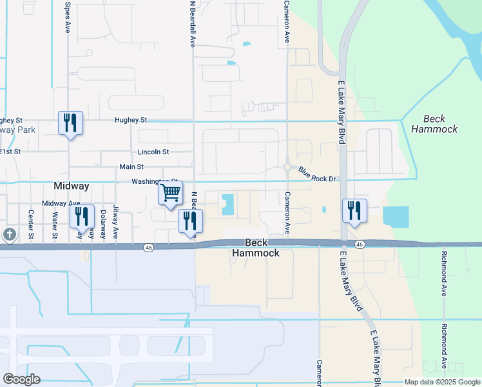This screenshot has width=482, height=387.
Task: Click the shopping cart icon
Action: [170, 192]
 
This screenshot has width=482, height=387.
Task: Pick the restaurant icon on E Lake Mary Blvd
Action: [354, 210]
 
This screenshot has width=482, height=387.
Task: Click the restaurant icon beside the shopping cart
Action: [191, 221]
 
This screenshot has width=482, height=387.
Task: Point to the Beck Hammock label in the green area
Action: [441, 124]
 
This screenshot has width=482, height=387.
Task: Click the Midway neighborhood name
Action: [71, 186]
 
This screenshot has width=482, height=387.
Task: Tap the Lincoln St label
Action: [153, 152]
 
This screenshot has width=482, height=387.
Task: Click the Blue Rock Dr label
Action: [318, 175]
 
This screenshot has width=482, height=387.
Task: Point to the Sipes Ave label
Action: [68, 17]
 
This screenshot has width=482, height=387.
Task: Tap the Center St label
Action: [30, 223]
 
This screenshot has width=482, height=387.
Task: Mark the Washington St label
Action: [153, 181]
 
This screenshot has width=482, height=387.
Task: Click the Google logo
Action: [21, 379]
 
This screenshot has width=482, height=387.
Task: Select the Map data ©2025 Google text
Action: [441, 382]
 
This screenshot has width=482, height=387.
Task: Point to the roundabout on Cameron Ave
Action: [287, 167]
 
